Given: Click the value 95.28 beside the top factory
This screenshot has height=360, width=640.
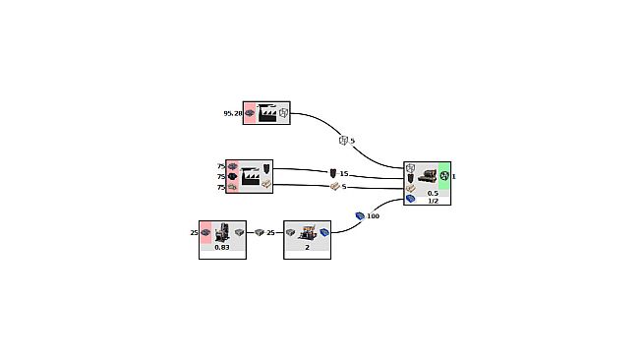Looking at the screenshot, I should (x=232, y=113).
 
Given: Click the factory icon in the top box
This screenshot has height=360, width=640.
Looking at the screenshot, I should (x=266, y=113).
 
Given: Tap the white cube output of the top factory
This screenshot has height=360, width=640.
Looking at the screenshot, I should (x=283, y=113).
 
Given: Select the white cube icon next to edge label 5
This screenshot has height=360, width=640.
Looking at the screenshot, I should (x=343, y=141).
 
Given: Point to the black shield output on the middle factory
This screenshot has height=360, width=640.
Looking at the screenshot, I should (x=265, y=168).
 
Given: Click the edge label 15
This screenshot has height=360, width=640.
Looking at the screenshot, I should (x=344, y=174).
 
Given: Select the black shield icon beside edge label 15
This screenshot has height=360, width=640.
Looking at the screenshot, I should (x=333, y=174).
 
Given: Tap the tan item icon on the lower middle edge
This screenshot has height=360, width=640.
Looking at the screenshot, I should (x=334, y=187).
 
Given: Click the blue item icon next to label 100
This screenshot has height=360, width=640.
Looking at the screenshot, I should (x=360, y=215).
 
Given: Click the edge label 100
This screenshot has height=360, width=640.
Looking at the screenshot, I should (x=373, y=215).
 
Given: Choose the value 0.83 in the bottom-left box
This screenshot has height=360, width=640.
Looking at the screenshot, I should (x=222, y=247).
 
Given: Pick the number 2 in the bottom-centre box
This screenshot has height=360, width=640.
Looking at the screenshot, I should (x=307, y=247).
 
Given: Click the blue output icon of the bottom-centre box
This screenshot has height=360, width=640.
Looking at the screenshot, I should (x=323, y=233).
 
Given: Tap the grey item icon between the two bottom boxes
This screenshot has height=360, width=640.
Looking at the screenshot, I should (x=260, y=233).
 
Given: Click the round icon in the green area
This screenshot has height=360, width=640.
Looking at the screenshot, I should (x=444, y=176).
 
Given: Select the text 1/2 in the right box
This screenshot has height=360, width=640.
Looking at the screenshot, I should (x=433, y=201).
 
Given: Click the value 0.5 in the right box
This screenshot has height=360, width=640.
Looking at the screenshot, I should (x=433, y=193).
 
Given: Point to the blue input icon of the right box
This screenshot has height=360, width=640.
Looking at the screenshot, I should (x=411, y=199).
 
